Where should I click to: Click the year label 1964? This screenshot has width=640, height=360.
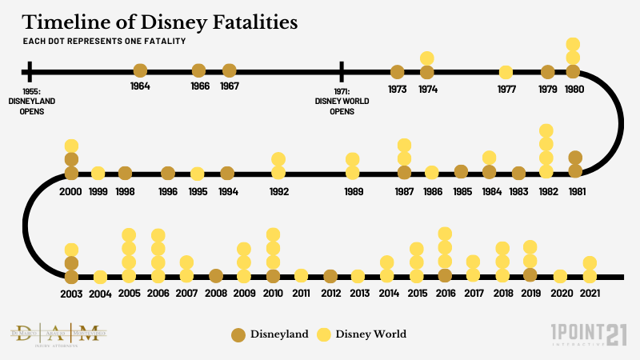140,86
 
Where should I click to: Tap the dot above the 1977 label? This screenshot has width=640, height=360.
506,72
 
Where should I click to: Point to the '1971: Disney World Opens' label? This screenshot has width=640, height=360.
342,102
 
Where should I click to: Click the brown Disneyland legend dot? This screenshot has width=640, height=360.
238,334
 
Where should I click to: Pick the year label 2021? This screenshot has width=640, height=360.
590,294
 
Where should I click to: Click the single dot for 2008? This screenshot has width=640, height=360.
215,276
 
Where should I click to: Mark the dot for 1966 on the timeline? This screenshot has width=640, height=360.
199,71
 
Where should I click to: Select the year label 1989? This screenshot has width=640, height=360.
352,191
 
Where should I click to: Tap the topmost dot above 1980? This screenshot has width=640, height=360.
573,44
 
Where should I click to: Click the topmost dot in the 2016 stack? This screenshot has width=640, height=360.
445,234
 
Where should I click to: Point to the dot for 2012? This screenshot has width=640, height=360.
330,276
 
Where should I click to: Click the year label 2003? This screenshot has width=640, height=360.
71,294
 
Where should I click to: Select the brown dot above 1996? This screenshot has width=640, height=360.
168,173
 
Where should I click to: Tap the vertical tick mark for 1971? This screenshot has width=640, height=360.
342,71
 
